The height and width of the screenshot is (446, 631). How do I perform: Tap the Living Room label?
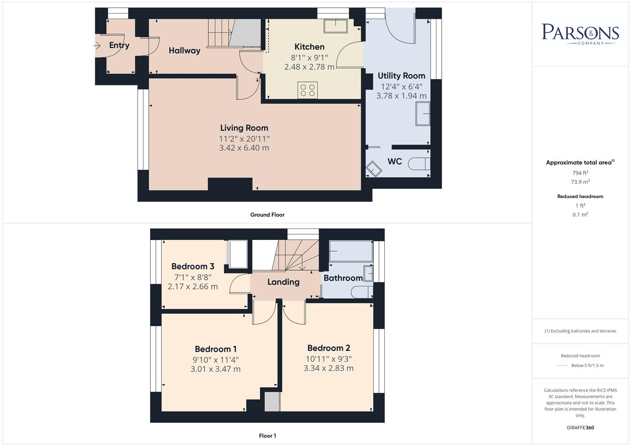point(244,128)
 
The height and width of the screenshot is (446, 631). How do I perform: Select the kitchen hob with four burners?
point(307,90)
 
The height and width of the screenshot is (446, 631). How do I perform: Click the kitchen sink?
point(336,26)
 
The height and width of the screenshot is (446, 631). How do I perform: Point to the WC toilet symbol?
point(419,164)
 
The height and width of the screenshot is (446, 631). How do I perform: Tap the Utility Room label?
point(401,76)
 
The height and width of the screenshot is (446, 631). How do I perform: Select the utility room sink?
point(423,114)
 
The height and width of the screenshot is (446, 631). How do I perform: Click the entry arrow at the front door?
point(97,45)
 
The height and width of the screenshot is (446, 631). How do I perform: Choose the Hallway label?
point(184,51)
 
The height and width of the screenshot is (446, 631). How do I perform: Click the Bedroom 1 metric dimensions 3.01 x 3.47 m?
point(215,369)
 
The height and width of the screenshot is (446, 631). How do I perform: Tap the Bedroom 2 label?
point(329,348)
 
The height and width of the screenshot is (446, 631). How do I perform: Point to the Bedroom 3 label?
point(193,266)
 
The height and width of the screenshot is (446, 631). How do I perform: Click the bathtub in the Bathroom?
point(351,251)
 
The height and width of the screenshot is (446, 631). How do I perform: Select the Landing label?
point(283,282)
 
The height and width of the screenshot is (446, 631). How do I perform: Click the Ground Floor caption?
point(267,215)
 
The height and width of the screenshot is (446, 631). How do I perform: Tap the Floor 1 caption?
point(267,436)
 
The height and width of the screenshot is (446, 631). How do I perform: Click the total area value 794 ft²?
point(580,173)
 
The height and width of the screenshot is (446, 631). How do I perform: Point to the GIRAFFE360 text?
point(580,427)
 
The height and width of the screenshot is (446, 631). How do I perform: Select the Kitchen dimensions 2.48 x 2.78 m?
point(309,67)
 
